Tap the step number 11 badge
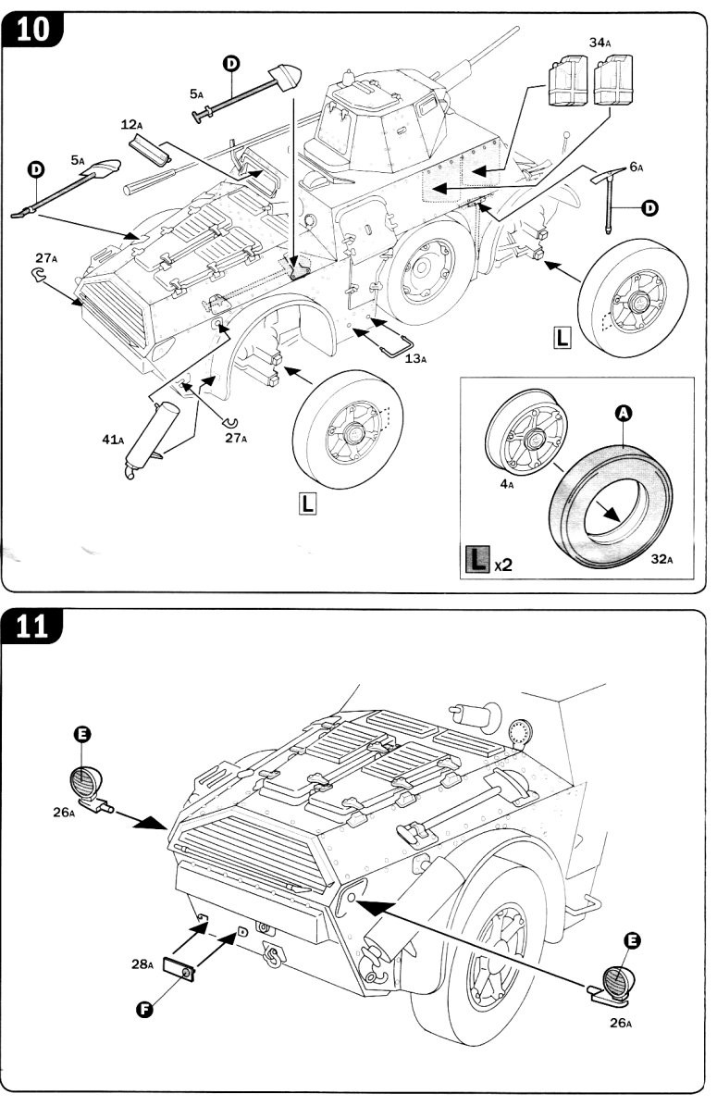tap(33, 627)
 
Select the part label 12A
tap(131, 124)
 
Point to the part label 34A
tap(600, 42)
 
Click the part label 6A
tap(636, 167)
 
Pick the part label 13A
tap(416, 358)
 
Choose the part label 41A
tap(113, 440)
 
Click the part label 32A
tap(660, 559)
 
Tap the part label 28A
tap(142, 963)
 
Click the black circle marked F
tap(145, 1009)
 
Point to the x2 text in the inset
tap(502, 564)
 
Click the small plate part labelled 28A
tap(179, 969)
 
